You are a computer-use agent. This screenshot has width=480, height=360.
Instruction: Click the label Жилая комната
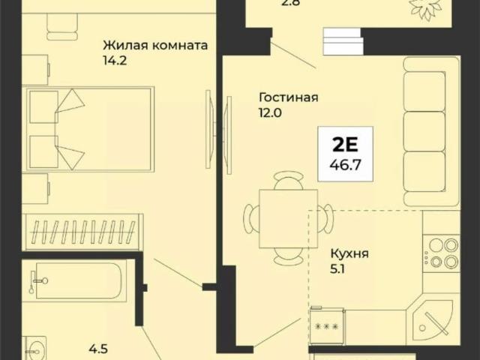154,44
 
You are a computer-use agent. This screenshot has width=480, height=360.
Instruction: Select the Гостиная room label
289,97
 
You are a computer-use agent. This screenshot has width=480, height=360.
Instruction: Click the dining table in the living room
288,217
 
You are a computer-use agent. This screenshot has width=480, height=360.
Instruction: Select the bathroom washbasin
34,349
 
